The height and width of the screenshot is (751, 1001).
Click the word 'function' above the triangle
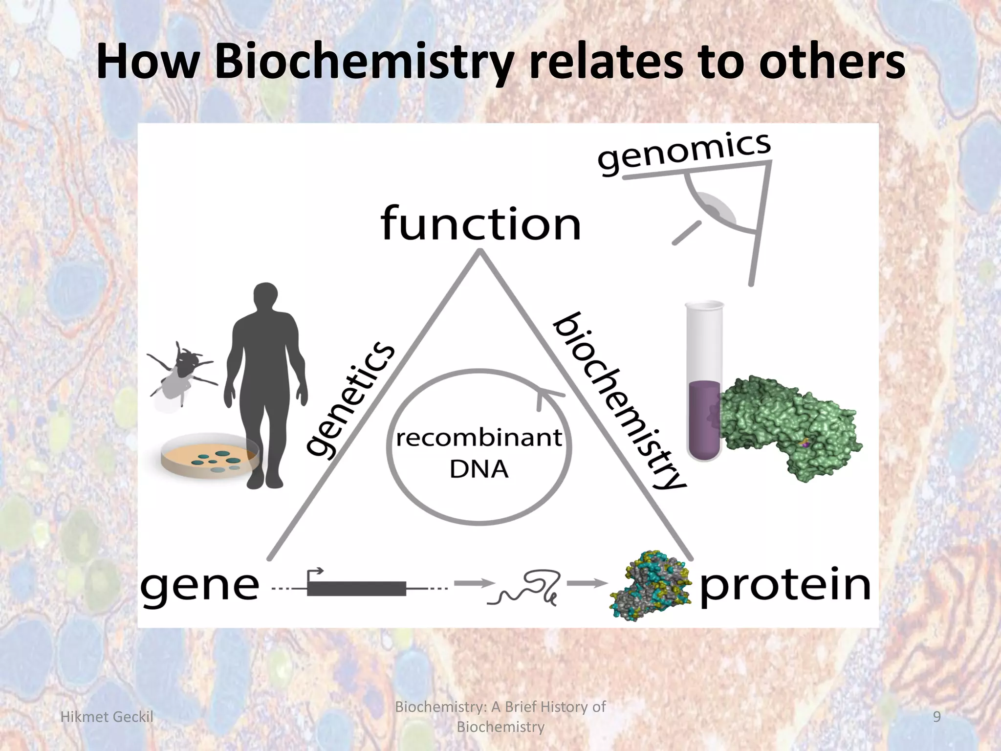click(x=480, y=224)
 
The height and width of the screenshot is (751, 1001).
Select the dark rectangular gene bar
click(x=357, y=589)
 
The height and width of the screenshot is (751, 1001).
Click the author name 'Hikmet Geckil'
click(x=107, y=717)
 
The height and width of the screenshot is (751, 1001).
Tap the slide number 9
click(x=937, y=717)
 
